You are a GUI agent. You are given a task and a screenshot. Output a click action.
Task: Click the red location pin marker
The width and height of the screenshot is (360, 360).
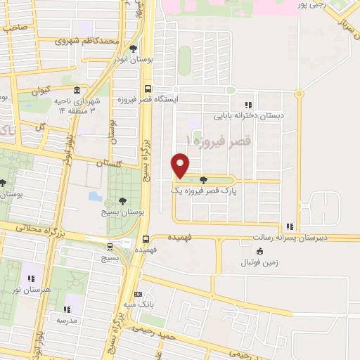pyautogui.click(x=181, y=165)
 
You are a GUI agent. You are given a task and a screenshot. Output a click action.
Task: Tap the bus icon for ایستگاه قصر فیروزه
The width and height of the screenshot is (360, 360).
pyautogui.click(x=147, y=89)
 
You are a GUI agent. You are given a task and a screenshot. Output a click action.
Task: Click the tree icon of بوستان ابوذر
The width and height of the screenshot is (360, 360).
pyautogui.click(x=133, y=49)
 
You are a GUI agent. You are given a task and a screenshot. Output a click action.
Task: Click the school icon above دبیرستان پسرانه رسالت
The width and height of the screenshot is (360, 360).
pyautogui.click(x=290, y=226)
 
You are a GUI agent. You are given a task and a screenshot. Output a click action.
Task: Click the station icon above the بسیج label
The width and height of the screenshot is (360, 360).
pyautogui.click(x=109, y=247)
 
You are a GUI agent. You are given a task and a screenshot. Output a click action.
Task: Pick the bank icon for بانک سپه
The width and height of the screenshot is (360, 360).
pyautogui.click(x=138, y=294)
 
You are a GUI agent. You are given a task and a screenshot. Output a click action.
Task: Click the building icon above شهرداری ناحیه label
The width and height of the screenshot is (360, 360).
pyautogui.click(x=75, y=91)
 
